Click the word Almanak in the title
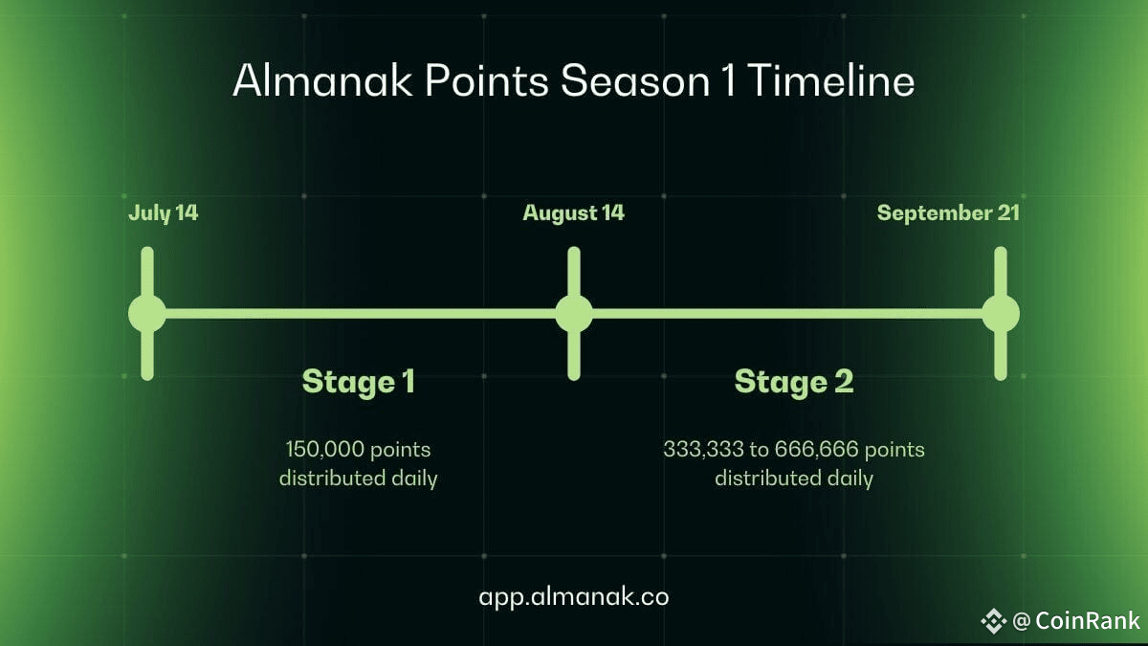tap(322, 80)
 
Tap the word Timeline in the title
tap(831, 80)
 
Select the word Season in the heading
tap(635, 80)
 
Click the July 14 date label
tap(163, 213)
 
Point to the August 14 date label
tap(573, 213)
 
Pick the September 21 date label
tap(948, 213)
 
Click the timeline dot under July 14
tap(147, 313)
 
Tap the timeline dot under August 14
tap(574, 313)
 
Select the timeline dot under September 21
tap(1001, 313)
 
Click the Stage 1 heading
tap(358, 382)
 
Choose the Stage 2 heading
tap(794, 382)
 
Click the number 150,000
tap(324, 449)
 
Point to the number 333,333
tap(703, 449)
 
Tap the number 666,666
tap(816, 449)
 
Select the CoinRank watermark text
tap(1088, 620)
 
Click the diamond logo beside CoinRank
tap(994, 621)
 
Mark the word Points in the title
tap(487, 80)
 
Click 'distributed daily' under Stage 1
tap(358, 479)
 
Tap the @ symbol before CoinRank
tap(1022, 621)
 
